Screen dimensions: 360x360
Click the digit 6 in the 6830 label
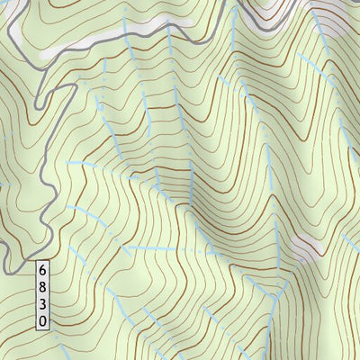click(42, 269)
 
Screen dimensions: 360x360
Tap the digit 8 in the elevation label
click(42, 285)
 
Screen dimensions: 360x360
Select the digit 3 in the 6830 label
click(42, 301)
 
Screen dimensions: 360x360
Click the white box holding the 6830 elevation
click(42, 293)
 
